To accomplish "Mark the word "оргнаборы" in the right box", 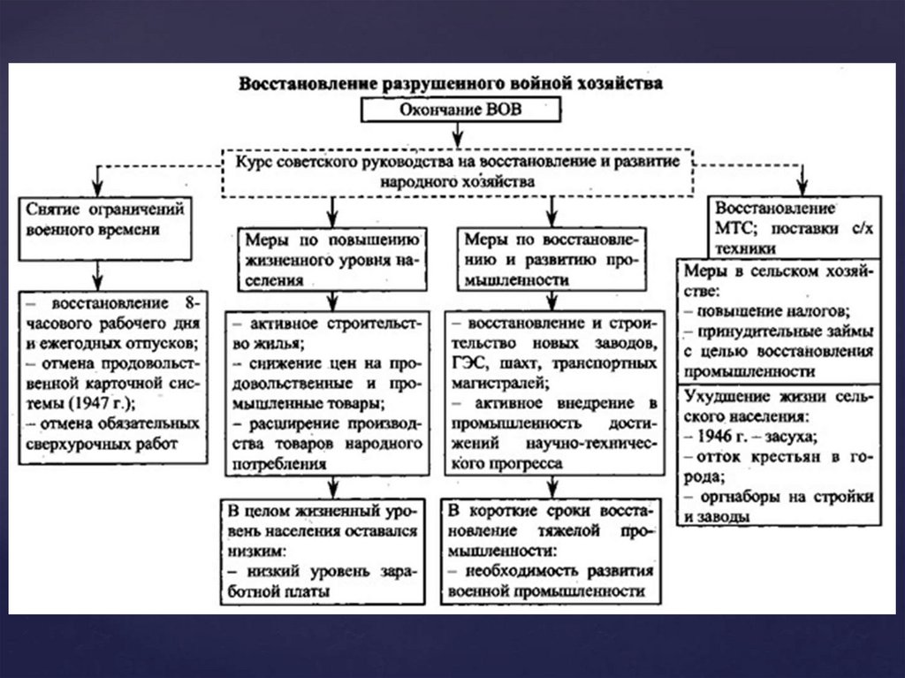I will pyautogui.click(x=732, y=497).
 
